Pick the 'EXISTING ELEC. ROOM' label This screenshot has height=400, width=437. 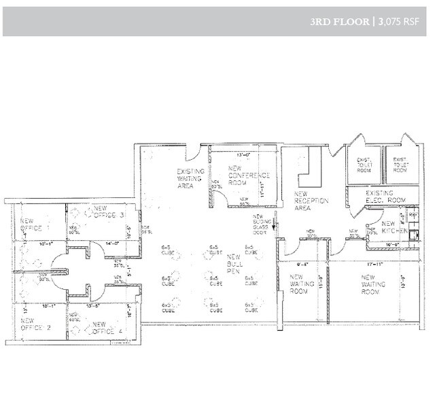point(385,198)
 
